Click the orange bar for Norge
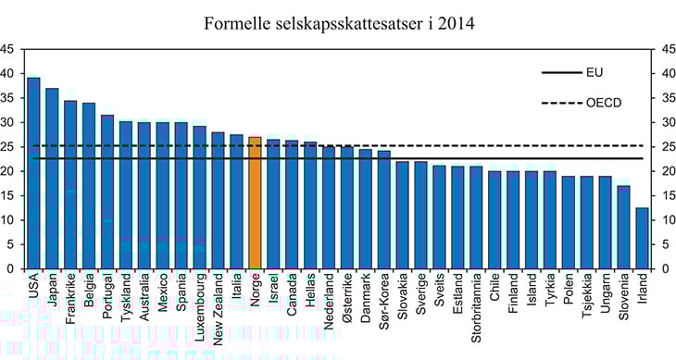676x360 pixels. (x=256, y=203)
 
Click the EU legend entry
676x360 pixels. (x=568, y=70)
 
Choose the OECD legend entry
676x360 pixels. (x=568, y=103)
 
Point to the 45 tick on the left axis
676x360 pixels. (x=7, y=49)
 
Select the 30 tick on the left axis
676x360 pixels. (x=7, y=122)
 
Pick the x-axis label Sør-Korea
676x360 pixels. (x=383, y=301)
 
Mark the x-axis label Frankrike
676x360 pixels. (x=70, y=299)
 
